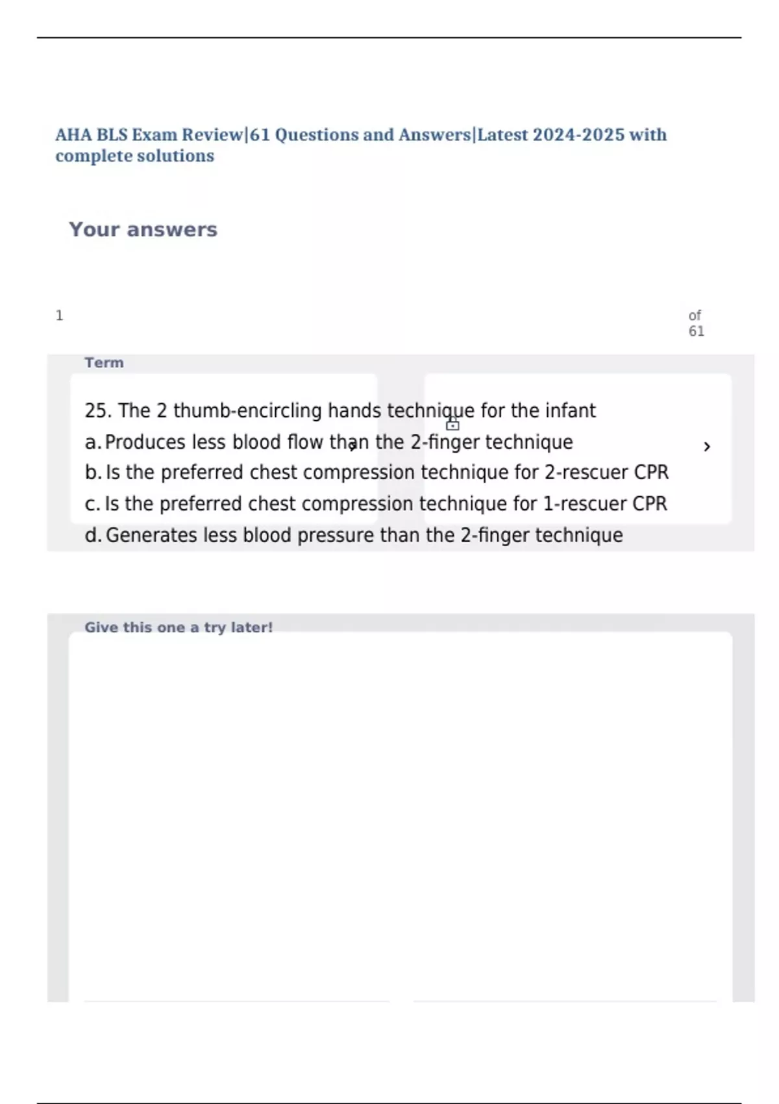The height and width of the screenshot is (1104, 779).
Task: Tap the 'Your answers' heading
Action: tap(143, 230)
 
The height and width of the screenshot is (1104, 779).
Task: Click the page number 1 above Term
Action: tap(59, 316)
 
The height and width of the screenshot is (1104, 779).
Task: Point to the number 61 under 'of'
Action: tap(696, 331)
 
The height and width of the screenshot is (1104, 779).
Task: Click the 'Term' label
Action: tap(104, 363)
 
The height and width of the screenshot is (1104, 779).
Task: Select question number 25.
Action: tap(98, 411)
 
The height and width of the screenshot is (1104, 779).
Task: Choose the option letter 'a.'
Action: tap(92, 442)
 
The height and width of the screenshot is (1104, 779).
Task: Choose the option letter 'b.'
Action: tap(92, 473)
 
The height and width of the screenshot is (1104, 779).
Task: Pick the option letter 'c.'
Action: tap(92, 504)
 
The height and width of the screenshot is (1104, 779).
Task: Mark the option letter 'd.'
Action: tap(93, 535)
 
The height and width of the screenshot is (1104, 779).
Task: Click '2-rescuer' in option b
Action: tap(586, 473)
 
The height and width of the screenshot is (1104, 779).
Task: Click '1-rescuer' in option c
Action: tap(584, 504)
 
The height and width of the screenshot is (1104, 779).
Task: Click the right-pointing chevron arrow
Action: tap(707, 447)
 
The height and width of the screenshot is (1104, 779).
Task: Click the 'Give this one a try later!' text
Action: tap(179, 627)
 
